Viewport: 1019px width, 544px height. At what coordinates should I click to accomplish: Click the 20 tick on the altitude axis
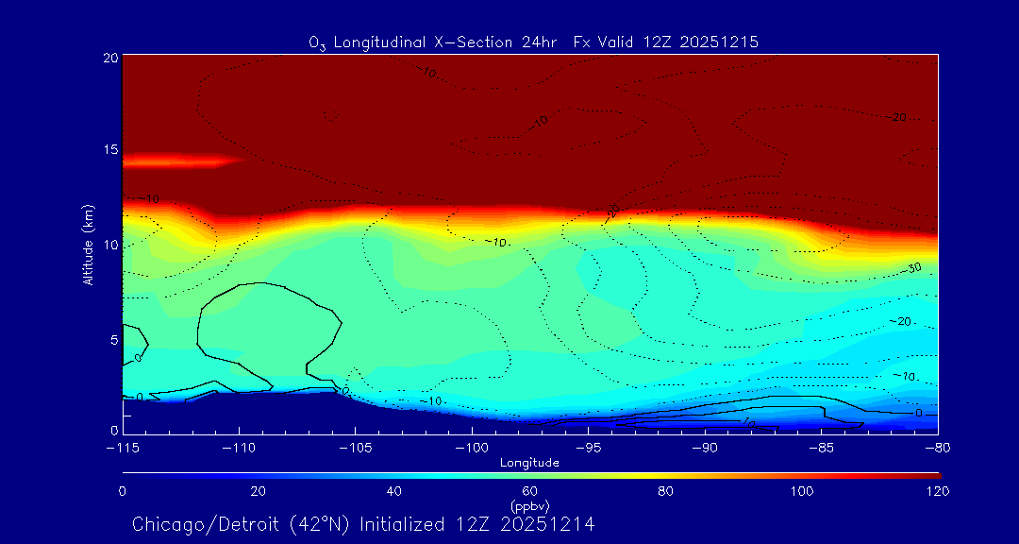click(110, 58)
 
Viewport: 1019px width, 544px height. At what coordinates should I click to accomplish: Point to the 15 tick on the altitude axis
click(110, 151)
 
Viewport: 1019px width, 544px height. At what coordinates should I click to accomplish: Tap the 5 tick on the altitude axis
click(113, 339)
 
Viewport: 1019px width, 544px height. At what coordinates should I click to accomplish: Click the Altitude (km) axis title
click(88, 245)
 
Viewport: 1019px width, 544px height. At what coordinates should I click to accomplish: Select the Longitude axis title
click(529, 463)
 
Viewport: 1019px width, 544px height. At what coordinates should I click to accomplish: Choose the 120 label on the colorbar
click(938, 491)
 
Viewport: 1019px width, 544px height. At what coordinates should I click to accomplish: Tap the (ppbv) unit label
click(529, 504)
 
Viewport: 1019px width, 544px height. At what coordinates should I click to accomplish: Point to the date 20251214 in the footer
click(549, 523)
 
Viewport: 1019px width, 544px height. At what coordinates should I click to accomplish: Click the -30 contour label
click(912, 269)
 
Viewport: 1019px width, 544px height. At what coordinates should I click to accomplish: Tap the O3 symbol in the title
click(316, 43)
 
